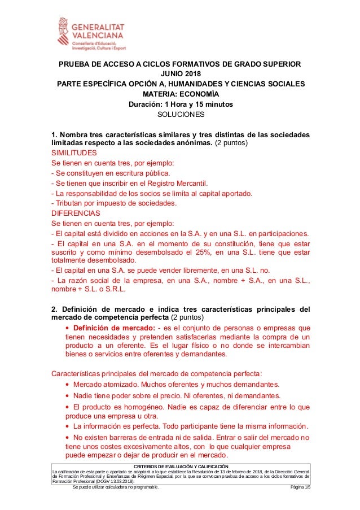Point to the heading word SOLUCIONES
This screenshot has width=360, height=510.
click(x=180, y=115)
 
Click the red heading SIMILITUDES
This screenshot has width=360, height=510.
click(x=74, y=153)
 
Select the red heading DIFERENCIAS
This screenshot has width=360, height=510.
click(x=75, y=213)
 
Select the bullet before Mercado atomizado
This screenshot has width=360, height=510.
click(x=68, y=385)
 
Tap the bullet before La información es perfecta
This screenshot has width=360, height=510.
click(x=68, y=426)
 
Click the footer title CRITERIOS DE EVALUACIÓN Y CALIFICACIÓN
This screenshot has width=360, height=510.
click(x=181, y=466)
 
